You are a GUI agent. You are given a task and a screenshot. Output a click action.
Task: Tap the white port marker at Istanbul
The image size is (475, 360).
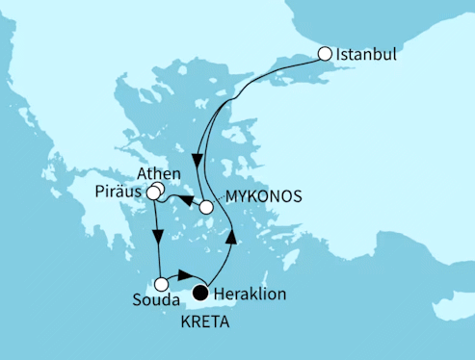tap(325, 54)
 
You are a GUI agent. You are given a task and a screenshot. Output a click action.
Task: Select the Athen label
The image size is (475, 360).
tap(158, 174)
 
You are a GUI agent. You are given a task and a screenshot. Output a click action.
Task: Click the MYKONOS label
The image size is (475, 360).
tap(262, 196)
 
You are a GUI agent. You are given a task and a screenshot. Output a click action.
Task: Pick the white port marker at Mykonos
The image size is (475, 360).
tap(205, 205)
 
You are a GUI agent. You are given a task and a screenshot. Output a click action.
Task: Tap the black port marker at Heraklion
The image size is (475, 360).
tap(201, 293)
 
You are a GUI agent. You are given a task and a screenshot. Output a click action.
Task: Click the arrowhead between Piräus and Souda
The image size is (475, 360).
tap(156, 236)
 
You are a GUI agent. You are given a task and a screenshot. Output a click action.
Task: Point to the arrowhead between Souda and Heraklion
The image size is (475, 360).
tap(185, 279)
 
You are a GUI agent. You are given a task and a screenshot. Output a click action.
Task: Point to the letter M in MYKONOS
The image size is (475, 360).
tap(230, 196)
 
